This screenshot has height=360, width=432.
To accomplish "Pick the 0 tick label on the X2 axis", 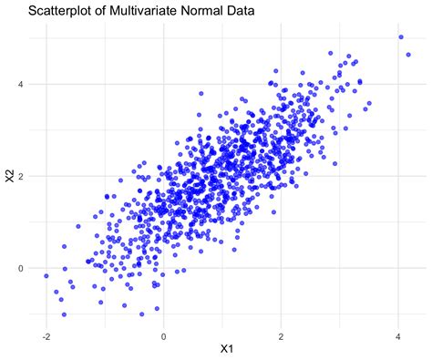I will [x=21, y=268].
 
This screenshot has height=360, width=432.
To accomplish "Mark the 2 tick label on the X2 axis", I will [x=21, y=176].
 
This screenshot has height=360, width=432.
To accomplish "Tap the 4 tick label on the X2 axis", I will [x=21, y=84].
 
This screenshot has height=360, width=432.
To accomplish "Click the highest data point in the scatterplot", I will [x=401, y=37].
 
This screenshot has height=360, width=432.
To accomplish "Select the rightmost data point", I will [x=408, y=55].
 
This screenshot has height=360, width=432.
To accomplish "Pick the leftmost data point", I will [x=46, y=275].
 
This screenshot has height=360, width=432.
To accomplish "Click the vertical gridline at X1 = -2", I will [x=46, y=137].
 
